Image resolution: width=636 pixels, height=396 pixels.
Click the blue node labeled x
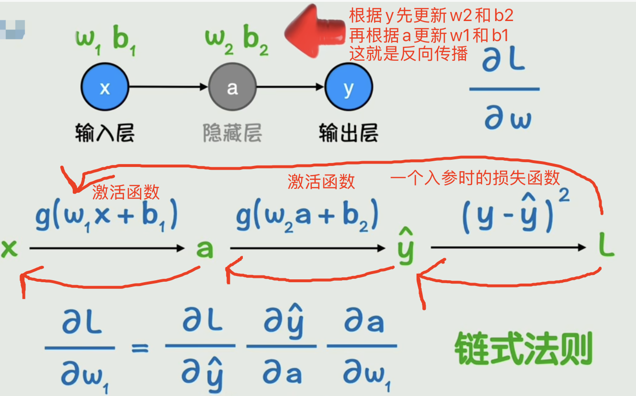point(104,88)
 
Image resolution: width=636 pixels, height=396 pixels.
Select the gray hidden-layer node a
point(232,88)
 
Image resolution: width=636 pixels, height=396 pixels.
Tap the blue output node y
point(349,88)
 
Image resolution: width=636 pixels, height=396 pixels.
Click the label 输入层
point(104,132)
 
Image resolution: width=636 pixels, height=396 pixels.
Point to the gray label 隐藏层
point(232,132)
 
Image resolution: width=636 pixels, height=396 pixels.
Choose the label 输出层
point(349,132)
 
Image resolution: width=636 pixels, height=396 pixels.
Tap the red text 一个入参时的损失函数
point(475,178)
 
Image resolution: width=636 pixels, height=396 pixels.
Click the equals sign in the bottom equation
point(140,348)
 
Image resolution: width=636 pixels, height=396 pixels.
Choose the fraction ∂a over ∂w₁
point(362,348)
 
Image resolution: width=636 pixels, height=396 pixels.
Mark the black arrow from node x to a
point(168,88)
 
